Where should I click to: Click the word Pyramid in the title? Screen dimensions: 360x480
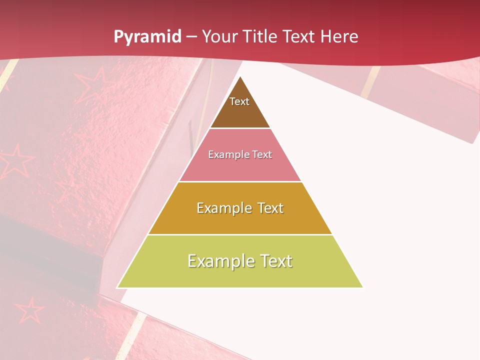(x=147, y=37)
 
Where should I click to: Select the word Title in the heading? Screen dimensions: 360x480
(x=260, y=37)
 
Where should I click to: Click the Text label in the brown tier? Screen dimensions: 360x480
(x=239, y=101)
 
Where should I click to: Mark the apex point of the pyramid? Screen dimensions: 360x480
(x=240, y=76)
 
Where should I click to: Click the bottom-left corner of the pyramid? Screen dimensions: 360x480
(x=117, y=287)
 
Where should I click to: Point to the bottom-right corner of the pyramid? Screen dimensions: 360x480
(x=363, y=287)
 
